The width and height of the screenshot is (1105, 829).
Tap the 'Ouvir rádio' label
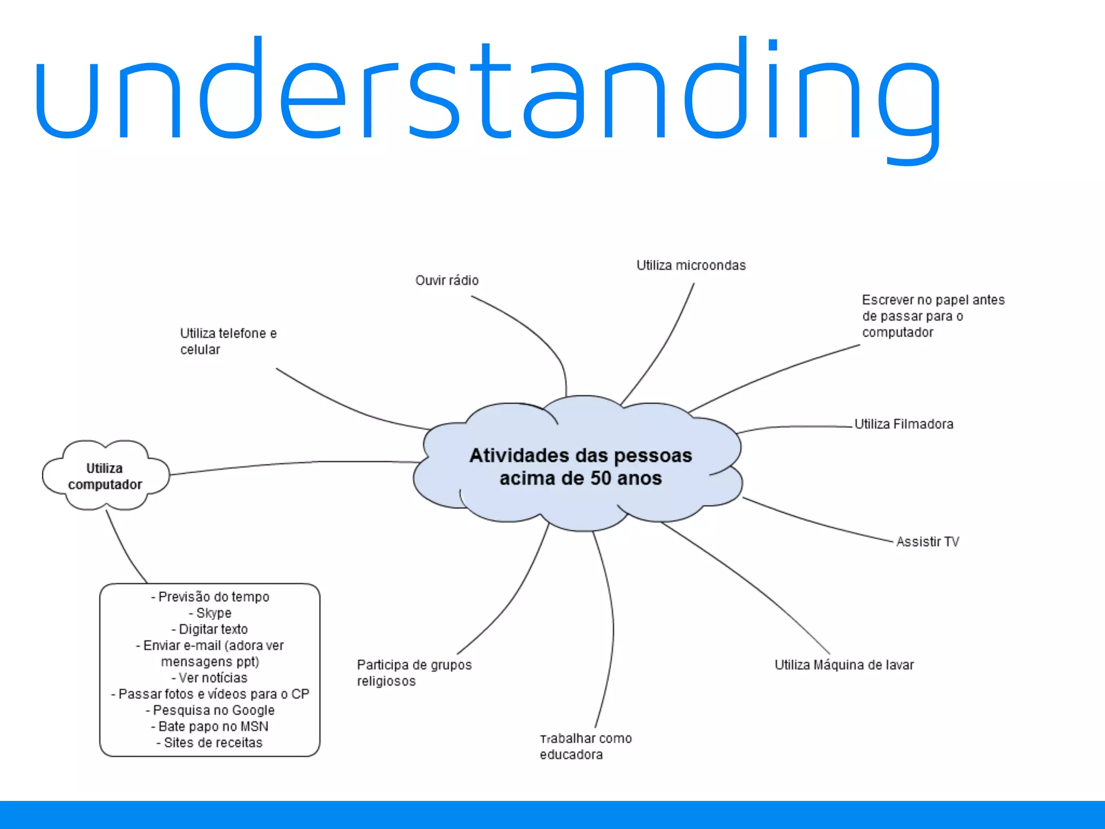447,281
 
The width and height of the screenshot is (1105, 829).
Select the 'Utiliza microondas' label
691,266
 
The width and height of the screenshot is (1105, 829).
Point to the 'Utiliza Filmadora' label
904,424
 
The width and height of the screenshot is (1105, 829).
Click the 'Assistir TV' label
927,542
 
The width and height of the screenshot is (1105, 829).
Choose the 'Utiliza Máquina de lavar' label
844,665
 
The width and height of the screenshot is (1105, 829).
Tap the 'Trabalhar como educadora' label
585,746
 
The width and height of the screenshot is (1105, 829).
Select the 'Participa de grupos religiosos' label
414,673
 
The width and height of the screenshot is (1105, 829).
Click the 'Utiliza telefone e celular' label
228,341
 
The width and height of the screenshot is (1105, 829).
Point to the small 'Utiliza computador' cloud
105,476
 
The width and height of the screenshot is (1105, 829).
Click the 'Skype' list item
213,613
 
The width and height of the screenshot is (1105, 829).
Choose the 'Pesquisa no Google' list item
213,710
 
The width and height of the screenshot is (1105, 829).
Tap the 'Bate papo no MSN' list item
213,726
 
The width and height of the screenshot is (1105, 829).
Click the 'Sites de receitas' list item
213,743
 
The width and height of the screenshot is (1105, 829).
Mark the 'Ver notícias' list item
213,678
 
